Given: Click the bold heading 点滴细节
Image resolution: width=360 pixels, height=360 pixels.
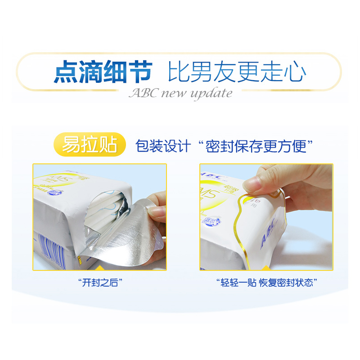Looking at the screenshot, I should (103, 72).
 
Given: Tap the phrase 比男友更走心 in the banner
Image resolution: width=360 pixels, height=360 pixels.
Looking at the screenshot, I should (237, 72).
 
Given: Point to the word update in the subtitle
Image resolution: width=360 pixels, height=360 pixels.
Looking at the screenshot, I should (211, 94).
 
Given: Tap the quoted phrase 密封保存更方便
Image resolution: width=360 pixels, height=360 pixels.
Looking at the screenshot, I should (259, 145).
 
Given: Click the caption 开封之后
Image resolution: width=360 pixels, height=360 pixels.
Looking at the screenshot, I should (100, 283).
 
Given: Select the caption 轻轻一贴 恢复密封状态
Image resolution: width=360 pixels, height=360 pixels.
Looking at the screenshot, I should (267, 283).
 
